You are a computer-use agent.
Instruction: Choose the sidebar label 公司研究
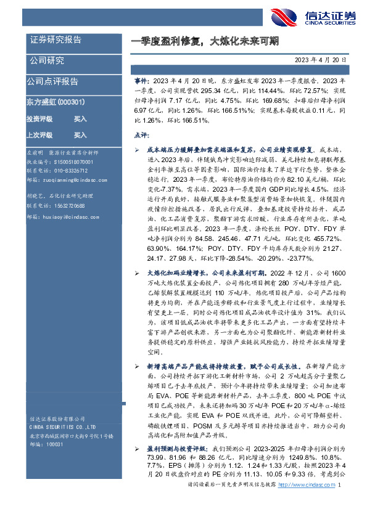47,60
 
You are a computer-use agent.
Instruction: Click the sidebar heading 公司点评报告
52,81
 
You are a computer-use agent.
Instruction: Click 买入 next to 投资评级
80,118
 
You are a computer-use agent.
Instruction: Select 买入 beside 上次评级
80,134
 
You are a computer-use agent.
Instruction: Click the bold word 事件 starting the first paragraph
140,81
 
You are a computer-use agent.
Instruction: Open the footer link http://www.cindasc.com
306,503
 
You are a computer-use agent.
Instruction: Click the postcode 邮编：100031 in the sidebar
46,478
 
